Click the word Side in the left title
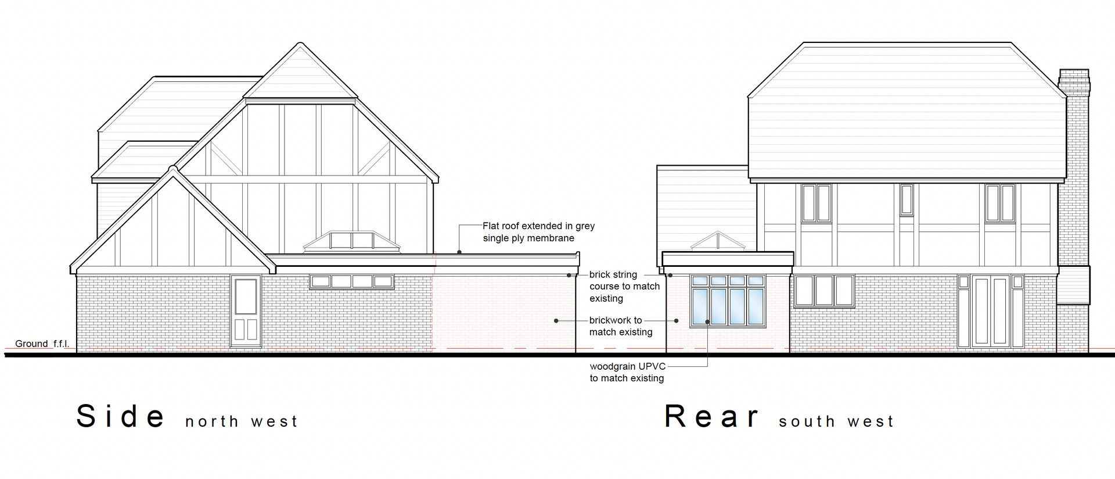pyautogui.click(x=121, y=416)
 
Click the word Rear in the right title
pyautogui.click(x=711, y=416)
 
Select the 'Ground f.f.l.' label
pyautogui.click(x=42, y=344)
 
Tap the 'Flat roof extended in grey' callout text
pyautogui.click(x=538, y=226)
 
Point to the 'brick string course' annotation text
pyautogui.click(x=624, y=286)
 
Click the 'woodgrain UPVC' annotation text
pyautogui.click(x=627, y=367)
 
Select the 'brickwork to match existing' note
pyautogui.click(x=620, y=326)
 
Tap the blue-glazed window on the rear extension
pyautogui.click(x=728, y=301)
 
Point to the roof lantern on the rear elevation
pyautogui.click(x=718, y=241)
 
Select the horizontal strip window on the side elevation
pyautogui.click(x=351, y=282)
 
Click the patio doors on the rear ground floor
pyautogui.click(x=990, y=312)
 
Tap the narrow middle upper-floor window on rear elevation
pyautogui.click(x=906, y=200)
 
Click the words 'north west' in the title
pyautogui.click(x=241, y=421)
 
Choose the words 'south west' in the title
pyautogui.click(x=836, y=421)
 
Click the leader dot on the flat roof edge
pyautogui.click(x=459, y=252)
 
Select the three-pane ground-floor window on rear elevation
pyautogui.click(x=823, y=291)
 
